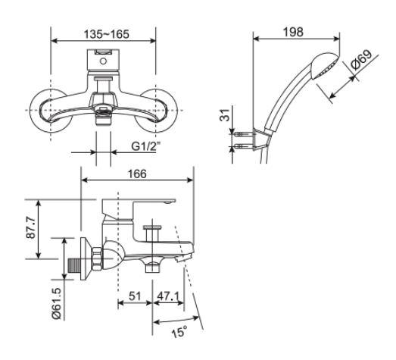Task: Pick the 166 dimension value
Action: coord(137,174)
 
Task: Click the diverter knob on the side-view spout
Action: coord(154,229)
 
